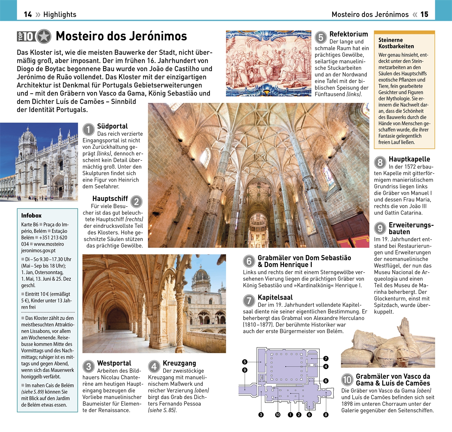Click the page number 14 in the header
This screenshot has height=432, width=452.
pyautogui.click(x=28, y=15)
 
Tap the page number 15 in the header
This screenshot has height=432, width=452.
pyautogui.click(x=424, y=15)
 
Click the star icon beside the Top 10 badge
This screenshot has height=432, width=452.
pyautogui.click(x=44, y=36)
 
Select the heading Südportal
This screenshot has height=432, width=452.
pyautogui.click(x=112, y=126)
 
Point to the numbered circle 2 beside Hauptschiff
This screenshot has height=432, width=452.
pyautogui.click(x=136, y=202)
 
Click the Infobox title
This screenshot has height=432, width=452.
pyautogui.click(x=31, y=215)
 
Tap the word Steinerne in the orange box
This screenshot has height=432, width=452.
pyautogui.click(x=390, y=40)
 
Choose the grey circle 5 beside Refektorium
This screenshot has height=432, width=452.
pyautogui.click(x=321, y=37)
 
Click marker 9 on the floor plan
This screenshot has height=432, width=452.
pyautogui.click(x=245, y=370)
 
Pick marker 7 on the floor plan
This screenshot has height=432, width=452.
pyautogui.click(x=326, y=358)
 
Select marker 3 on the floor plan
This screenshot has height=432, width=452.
pyautogui.click(x=261, y=415)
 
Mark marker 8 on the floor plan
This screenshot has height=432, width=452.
pyautogui.click(x=326, y=415)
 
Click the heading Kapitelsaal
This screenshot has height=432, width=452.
pyautogui.click(x=275, y=297)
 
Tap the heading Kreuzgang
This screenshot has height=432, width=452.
pyautogui.click(x=179, y=363)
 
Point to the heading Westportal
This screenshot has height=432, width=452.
pyautogui.click(x=114, y=363)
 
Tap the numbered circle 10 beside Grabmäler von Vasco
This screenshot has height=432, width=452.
pyautogui.click(x=347, y=380)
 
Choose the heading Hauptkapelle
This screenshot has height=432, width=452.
pyautogui.click(x=409, y=159)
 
